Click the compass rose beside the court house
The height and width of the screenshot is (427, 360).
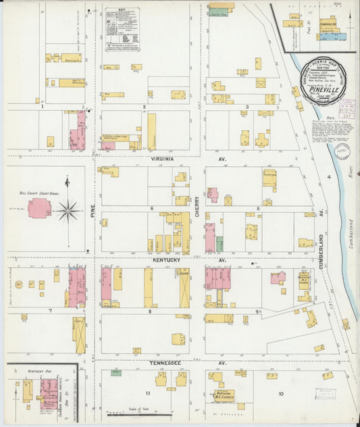click(x=68, y=210)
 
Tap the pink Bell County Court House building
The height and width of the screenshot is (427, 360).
click(x=38, y=207)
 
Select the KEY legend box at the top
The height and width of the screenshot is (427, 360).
click(x=122, y=29)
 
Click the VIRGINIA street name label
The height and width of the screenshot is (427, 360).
click(x=163, y=159)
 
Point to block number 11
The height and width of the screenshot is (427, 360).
click(x=146, y=393)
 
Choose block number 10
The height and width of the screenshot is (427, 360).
click(x=280, y=393)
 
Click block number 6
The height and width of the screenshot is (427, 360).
click(x=152, y=209)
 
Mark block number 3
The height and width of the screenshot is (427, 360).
click(x=247, y=107)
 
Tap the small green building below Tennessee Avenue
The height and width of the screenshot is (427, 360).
click(x=116, y=372)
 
